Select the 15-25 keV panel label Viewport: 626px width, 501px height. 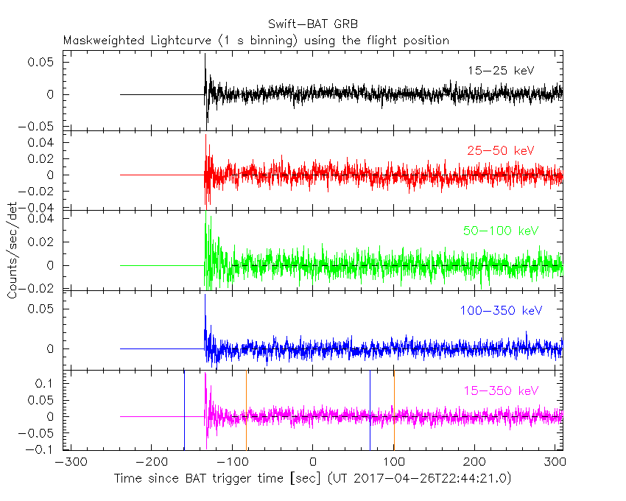point(500,71)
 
